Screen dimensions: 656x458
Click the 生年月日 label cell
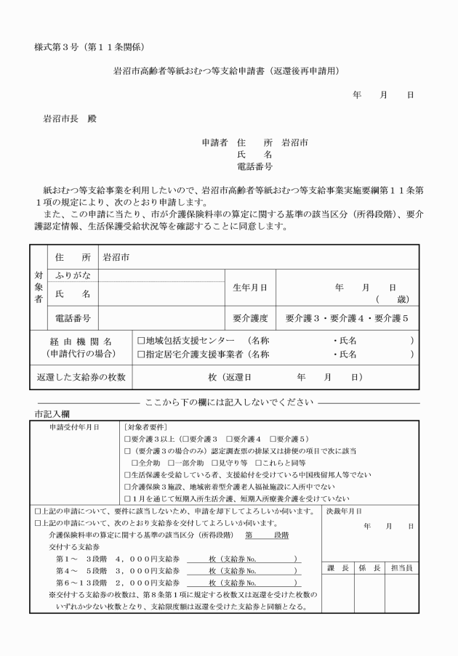[x=249, y=288]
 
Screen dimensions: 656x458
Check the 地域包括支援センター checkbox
[x=142, y=341]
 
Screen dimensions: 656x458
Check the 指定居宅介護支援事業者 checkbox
[x=142, y=355]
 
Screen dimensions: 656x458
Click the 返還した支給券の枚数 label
[x=81, y=378]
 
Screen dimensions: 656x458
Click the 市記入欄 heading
[x=54, y=413]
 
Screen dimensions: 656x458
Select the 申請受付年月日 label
[x=74, y=427]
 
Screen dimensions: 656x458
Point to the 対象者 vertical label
[x=38, y=288]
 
